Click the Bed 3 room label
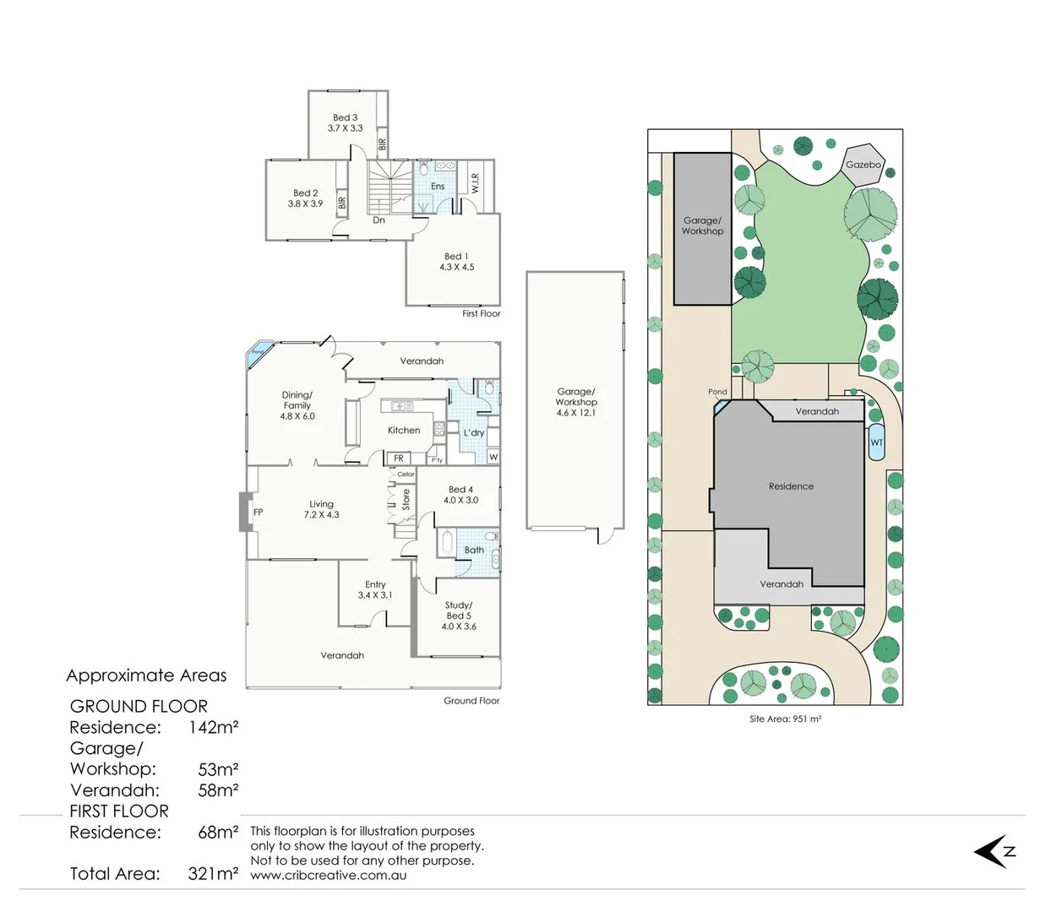(345, 118)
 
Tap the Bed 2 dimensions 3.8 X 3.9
(305, 204)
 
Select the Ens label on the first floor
(438, 187)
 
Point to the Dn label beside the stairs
(379, 220)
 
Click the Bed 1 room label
(456, 257)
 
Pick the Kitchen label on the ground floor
(404, 431)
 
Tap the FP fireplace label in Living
(258, 512)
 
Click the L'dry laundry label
(474, 433)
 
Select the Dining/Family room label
(297, 400)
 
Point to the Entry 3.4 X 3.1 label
(375, 589)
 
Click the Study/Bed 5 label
(459, 611)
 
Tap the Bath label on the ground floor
(474, 550)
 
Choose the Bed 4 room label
(460, 490)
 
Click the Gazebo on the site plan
(863, 165)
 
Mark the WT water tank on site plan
(876, 442)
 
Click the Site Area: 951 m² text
(785, 719)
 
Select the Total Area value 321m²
(213, 874)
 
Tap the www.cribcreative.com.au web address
(329, 876)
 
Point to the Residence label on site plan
(791, 486)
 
